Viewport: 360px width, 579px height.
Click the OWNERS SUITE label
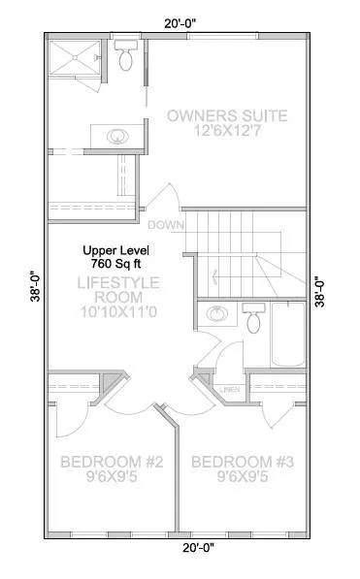click(x=227, y=115)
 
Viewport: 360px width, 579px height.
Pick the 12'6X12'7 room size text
click(x=227, y=132)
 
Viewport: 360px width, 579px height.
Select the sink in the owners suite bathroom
click(x=117, y=135)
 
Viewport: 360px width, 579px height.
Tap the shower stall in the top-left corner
click(x=75, y=59)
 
